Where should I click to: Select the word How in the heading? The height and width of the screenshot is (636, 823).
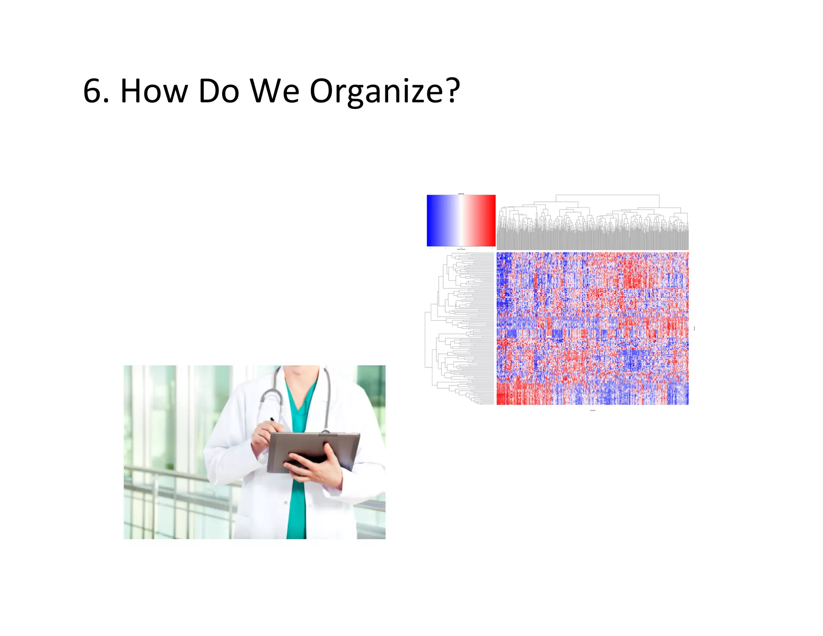tap(154, 91)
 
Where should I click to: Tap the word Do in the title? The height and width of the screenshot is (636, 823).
tap(219, 91)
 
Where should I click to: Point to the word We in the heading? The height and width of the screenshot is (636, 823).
tap(275, 91)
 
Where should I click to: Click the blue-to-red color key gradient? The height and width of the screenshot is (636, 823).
tap(461, 220)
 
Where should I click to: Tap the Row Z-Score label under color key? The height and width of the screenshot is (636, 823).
tap(461, 249)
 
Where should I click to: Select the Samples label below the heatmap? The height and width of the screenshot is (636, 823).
tap(592, 410)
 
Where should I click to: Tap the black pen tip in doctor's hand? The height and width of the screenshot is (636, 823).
tap(272, 419)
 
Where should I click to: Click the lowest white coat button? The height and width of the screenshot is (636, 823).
tap(285, 503)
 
